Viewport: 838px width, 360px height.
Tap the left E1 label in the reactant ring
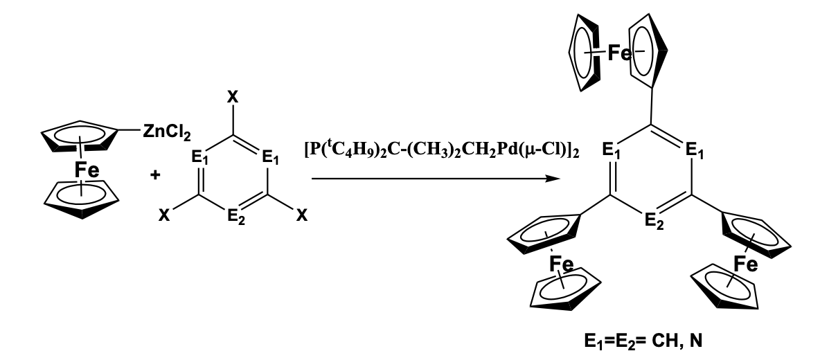coord(199,159)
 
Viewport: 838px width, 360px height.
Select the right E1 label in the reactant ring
coord(269,159)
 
